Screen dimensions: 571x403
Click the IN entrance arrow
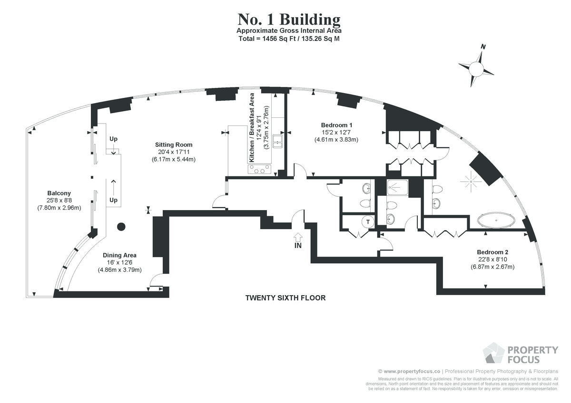pos(298,237)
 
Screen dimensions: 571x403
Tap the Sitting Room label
pos(174,145)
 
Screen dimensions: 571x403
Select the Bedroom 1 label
pos(336,125)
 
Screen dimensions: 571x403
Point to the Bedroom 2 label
pos(492,252)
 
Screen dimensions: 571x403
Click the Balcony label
pos(59,193)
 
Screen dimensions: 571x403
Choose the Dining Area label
pos(119,255)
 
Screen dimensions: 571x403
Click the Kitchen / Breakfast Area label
pos(252,127)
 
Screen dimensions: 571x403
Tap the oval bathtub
pos(496,220)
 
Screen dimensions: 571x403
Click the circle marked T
pos(368,222)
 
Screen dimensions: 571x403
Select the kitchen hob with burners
pos(259,169)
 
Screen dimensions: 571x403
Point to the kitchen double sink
pos(277,142)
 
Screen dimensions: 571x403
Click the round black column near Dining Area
pos(121,227)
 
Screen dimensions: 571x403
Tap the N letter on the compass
pos(483,47)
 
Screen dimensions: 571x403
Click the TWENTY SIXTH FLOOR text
pos(285,298)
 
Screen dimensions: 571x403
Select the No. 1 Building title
pos(289,19)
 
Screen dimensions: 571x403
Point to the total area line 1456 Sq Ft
pos(289,38)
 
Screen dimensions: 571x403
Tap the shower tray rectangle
pos(397,187)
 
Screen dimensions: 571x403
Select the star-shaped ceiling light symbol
pos(471,182)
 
